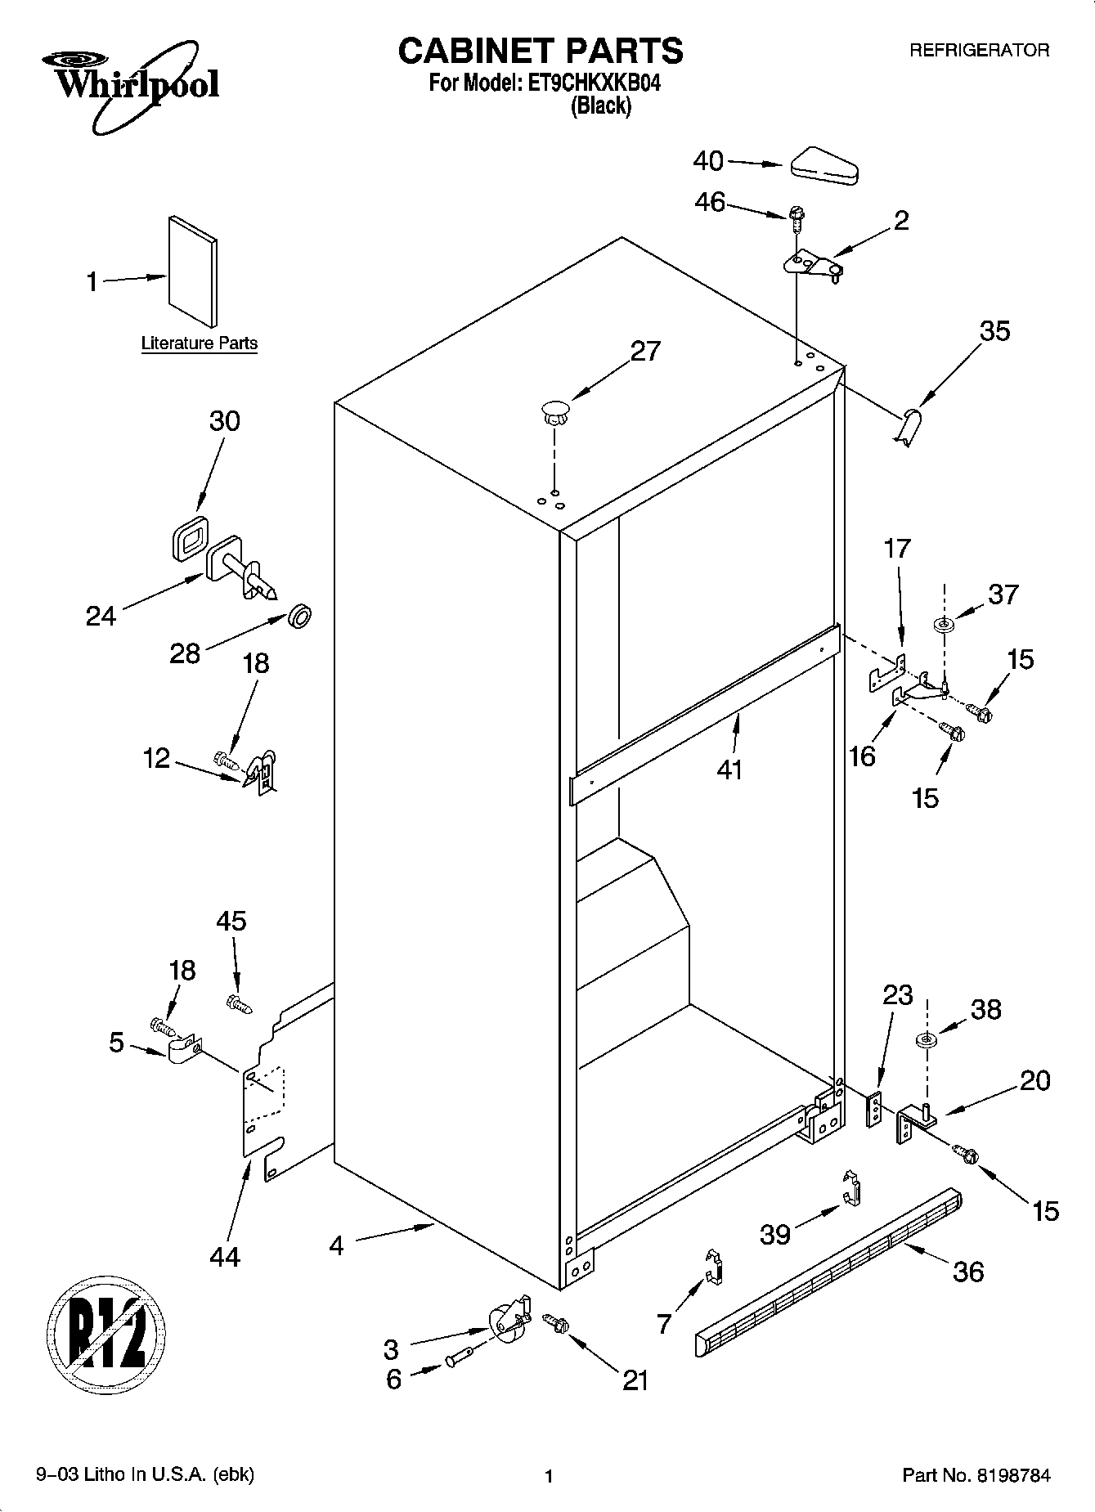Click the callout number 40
pos(708,161)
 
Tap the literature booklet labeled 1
pos(193,271)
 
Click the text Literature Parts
pos(199,343)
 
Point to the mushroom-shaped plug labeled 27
pos(554,411)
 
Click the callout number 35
pos(994,331)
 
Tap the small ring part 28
pos(300,616)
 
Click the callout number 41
pos(729,769)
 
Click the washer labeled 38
pos(927,1041)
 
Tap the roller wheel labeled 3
pos(506,1321)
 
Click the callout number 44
pos(225,1257)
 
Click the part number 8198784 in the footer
pos(1012,1475)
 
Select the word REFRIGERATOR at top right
pos(979,51)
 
